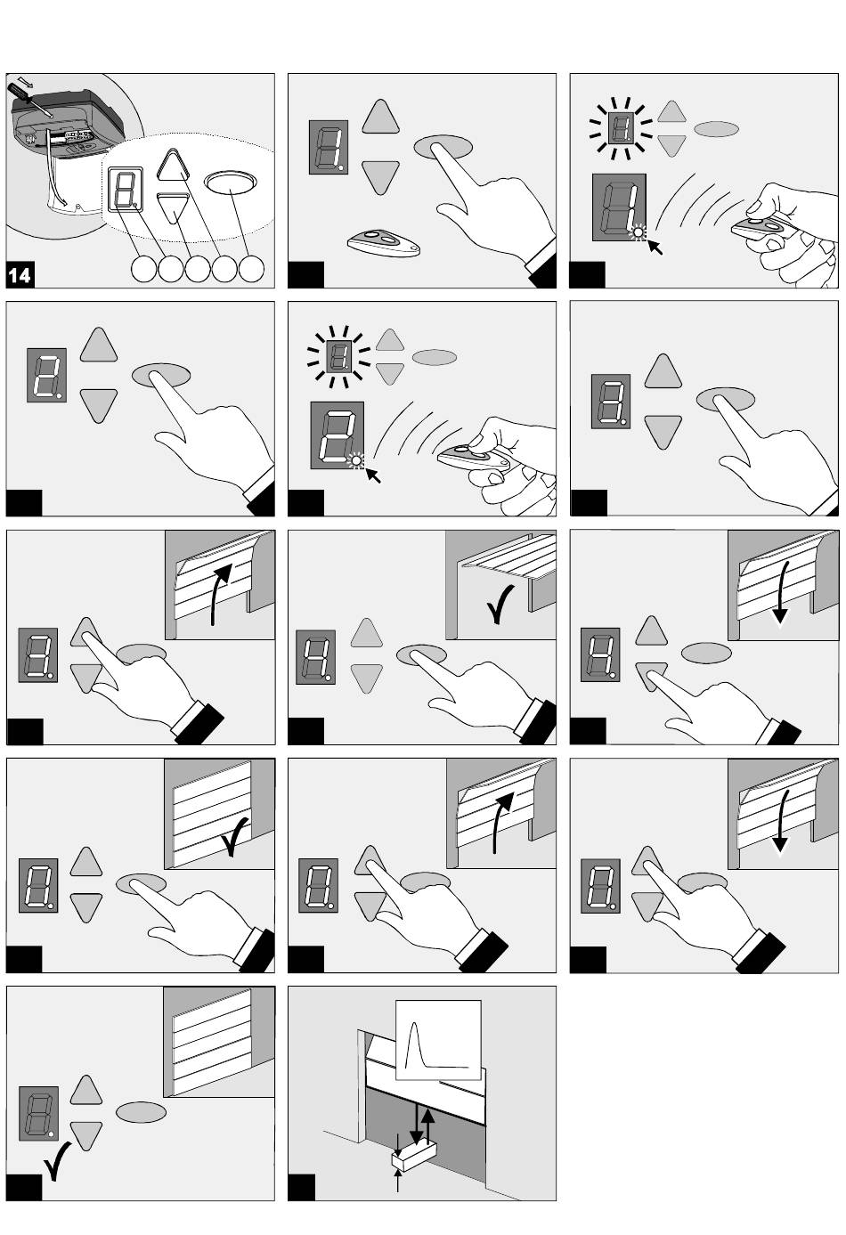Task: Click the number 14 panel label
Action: [x=20, y=274]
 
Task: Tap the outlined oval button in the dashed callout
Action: [x=230, y=182]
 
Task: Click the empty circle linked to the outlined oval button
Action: [x=251, y=269]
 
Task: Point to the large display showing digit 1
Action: [x=619, y=207]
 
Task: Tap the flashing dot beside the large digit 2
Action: [x=357, y=459]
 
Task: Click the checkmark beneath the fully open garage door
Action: [x=500, y=605]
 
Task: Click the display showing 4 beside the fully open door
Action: [x=315, y=657]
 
